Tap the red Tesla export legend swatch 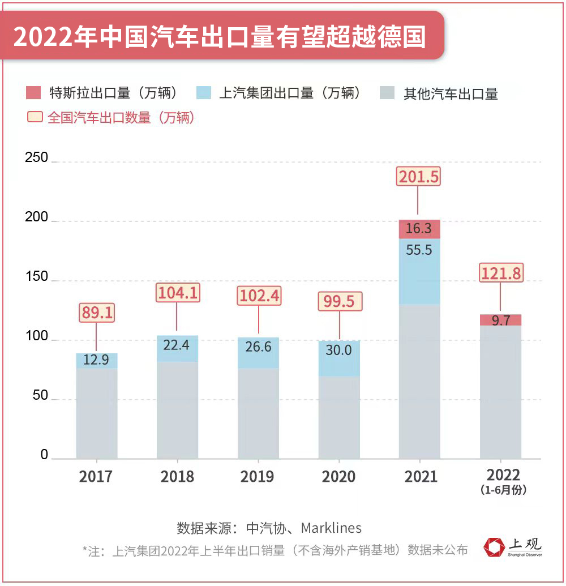click(x=34, y=93)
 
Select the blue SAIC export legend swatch click(x=204, y=93)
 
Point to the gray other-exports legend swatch click(x=388, y=93)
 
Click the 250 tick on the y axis click(x=37, y=158)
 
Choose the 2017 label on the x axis click(x=96, y=476)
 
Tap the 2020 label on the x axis click(x=338, y=476)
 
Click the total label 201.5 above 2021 click(x=418, y=177)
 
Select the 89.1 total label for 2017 click(x=96, y=313)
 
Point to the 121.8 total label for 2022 click(x=501, y=273)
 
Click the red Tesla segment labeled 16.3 click(x=419, y=229)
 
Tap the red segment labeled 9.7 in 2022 click(x=501, y=320)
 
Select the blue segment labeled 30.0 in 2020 click(x=339, y=358)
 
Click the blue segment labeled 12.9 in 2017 click(x=97, y=361)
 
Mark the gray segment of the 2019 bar click(x=258, y=413)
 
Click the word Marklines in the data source click(x=331, y=528)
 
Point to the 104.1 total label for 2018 click(x=177, y=293)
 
